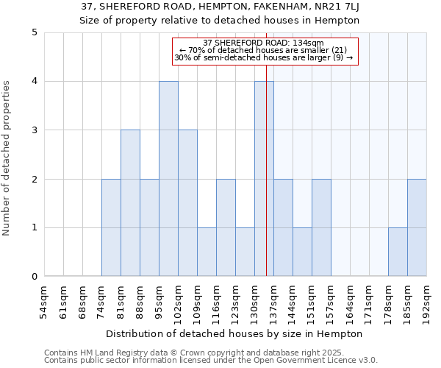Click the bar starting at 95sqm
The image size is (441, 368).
(168, 179)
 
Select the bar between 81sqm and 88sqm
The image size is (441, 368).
(130, 203)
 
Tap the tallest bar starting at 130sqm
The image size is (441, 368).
(264, 179)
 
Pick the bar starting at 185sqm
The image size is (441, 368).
(417, 227)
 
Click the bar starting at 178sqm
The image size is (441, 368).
(398, 252)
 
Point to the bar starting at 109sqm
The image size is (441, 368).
(207, 252)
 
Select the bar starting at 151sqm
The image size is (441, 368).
(321, 227)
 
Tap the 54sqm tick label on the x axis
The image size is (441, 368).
(44, 302)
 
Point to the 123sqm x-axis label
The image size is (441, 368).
(235, 302)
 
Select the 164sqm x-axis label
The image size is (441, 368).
(350, 302)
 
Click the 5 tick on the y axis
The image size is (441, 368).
(35, 32)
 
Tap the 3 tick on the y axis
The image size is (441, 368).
(35, 130)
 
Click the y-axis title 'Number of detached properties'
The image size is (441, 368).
(7, 158)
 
